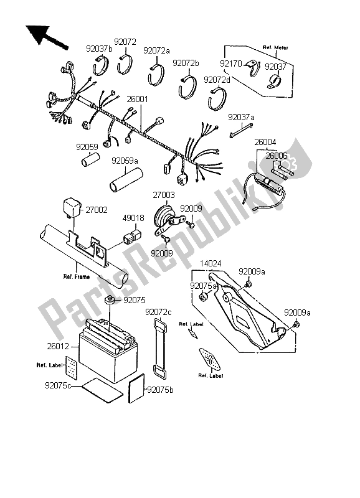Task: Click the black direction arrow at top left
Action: pyautogui.click(x=46, y=37)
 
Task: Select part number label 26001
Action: pyautogui.click(x=137, y=100)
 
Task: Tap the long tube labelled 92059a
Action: pyautogui.click(x=126, y=181)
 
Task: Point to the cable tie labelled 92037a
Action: pyautogui.click(x=241, y=131)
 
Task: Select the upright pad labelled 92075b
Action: pyautogui.click(x=136, y=388)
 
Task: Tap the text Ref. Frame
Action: pyautogui.click(x=77, y=276)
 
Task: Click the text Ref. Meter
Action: pyautogui.click(x=275, y=48)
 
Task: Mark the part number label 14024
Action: pyautogui.click(x=211, y=263)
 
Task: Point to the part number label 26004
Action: pyautogui.click(x=265, y=142)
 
